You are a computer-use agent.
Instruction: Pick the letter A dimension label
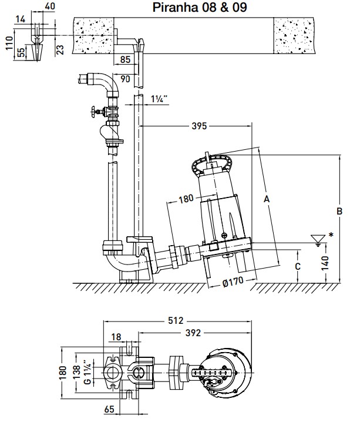point(267,199)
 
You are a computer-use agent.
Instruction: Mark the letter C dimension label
point(298,266)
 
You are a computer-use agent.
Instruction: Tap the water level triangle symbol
point(319,239)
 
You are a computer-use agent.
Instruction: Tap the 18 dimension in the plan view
point(116,337)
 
